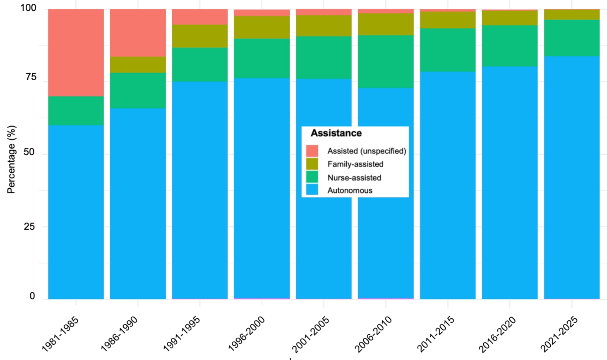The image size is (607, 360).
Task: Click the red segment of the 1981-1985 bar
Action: point(76,53)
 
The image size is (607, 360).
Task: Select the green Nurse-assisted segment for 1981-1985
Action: point(76,111)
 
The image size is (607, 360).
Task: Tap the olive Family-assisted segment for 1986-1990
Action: point(138,65)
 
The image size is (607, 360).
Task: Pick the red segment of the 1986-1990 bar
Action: point(138,33)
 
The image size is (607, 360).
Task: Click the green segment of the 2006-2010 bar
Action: point(386,62)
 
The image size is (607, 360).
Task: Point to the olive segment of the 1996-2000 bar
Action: point(262,27)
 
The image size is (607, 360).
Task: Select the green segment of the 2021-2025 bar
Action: point(571,38)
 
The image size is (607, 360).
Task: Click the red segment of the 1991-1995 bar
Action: point(200,17)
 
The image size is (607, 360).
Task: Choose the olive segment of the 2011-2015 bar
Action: point(448,20)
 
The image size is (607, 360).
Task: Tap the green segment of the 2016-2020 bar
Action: point(510,46)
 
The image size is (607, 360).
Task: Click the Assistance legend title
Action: point(336,133)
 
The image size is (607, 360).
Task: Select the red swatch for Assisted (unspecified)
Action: point(312,151)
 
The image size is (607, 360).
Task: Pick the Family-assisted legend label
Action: point(355,164)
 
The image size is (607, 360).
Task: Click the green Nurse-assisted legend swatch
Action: point(312,178)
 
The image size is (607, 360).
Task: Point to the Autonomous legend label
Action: point(350,191)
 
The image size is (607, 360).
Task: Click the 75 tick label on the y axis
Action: point(30,77)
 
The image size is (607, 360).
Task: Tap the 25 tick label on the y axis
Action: point(29,227)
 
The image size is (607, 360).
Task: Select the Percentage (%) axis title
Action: point(11,159)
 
